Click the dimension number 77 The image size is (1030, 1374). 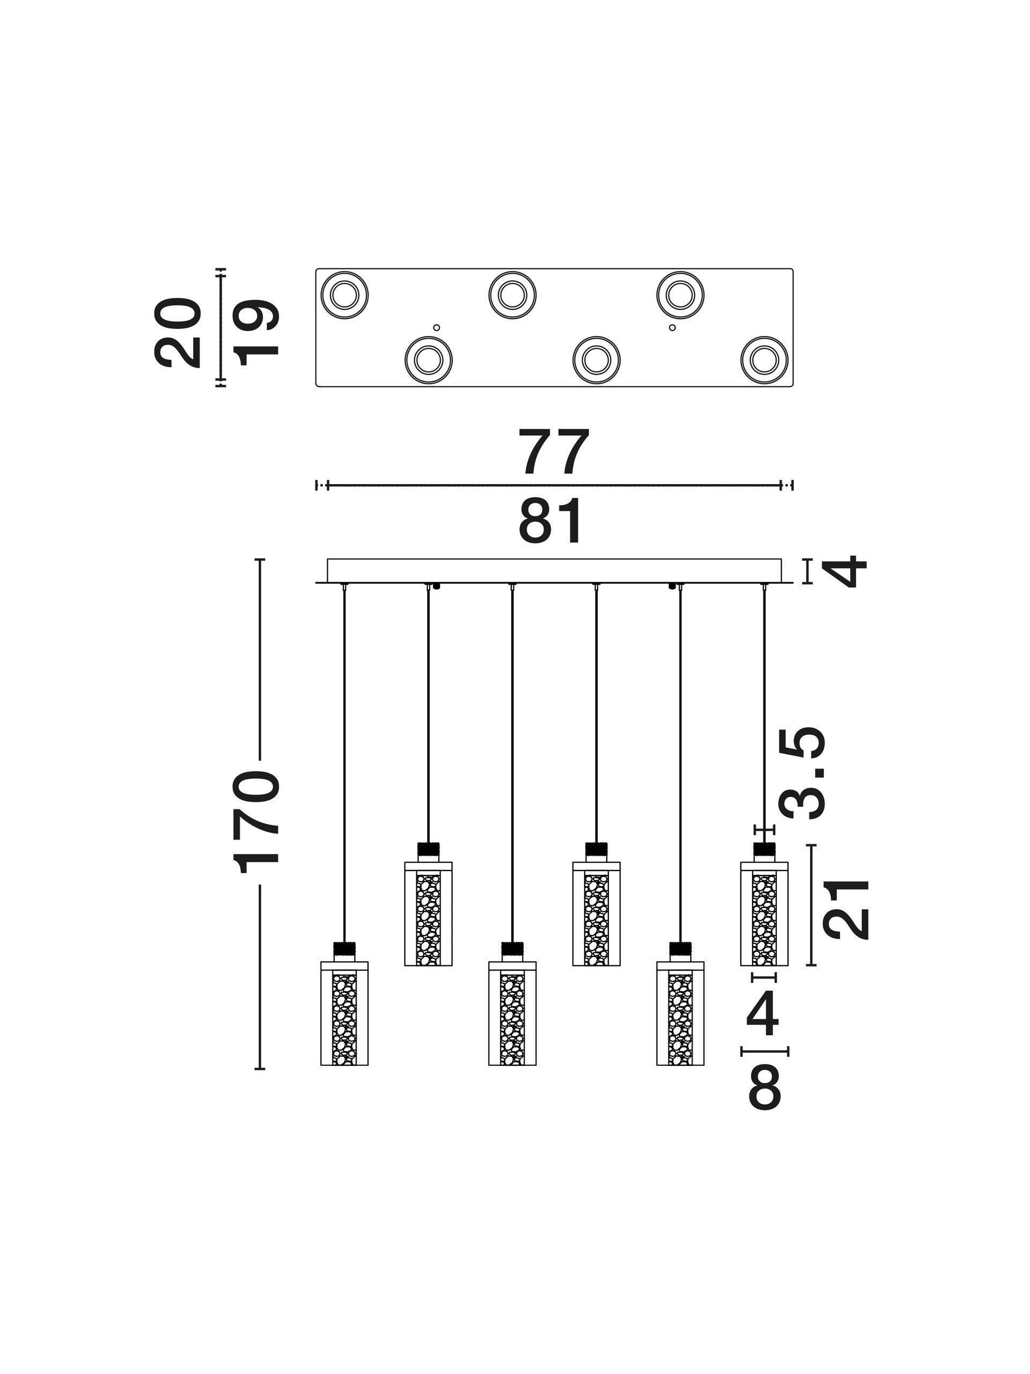coord(553,451)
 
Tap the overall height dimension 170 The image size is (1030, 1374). coord(256,821)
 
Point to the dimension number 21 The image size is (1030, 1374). coord(845,909)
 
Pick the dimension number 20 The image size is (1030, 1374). coord(178,332)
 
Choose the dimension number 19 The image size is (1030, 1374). coord(255,332)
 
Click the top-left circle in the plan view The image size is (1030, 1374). coord(344,295)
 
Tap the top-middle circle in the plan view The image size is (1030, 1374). coord(512,295)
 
